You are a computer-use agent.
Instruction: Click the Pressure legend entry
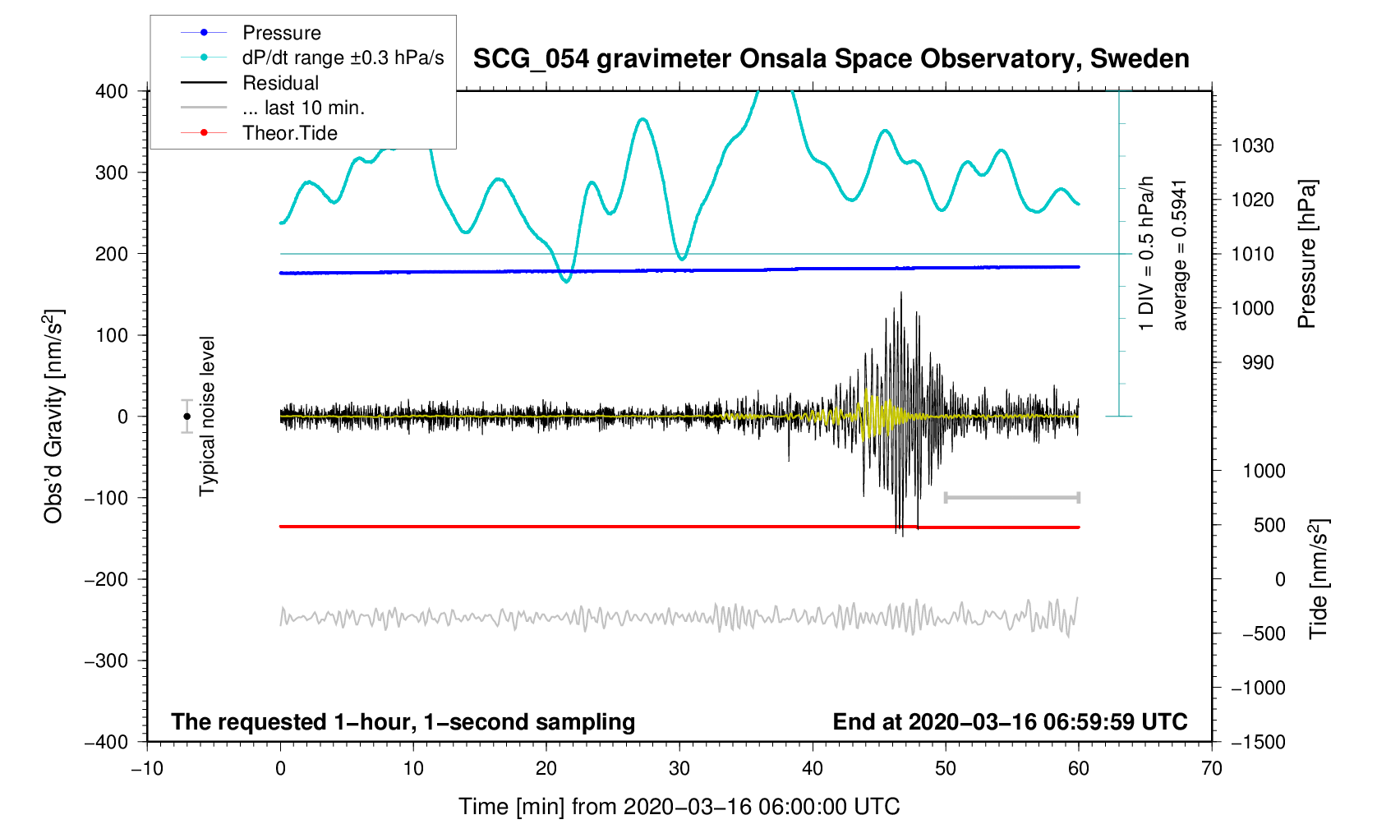coord(281,33)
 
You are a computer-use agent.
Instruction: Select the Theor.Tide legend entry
coord(289,133)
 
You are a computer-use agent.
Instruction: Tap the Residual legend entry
coord(280,83)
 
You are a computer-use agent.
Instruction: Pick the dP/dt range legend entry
coord(343,58)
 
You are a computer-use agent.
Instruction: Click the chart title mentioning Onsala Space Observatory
coord(831,59)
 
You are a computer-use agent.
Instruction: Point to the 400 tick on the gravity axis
coord(112,91)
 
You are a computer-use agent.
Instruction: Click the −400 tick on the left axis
coord(107,742)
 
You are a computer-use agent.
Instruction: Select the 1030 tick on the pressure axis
coord(1252,146)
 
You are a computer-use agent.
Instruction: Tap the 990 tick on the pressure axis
coord(1252,363)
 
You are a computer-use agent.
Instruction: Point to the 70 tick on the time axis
coord(1211,769)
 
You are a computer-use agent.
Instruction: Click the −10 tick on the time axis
coord(147,769)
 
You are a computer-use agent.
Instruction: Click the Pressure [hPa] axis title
coord(1306,254)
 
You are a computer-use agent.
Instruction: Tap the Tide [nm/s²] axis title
coord(1318,579)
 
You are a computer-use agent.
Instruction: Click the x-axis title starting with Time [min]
coord(679,807)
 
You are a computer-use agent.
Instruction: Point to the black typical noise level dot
coord(187,417)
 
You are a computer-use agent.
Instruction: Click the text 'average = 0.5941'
coord(1180,255)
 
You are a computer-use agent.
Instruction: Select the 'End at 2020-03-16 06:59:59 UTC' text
coord(1010,722)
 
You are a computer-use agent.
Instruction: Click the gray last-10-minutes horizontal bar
coord(1011,498)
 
